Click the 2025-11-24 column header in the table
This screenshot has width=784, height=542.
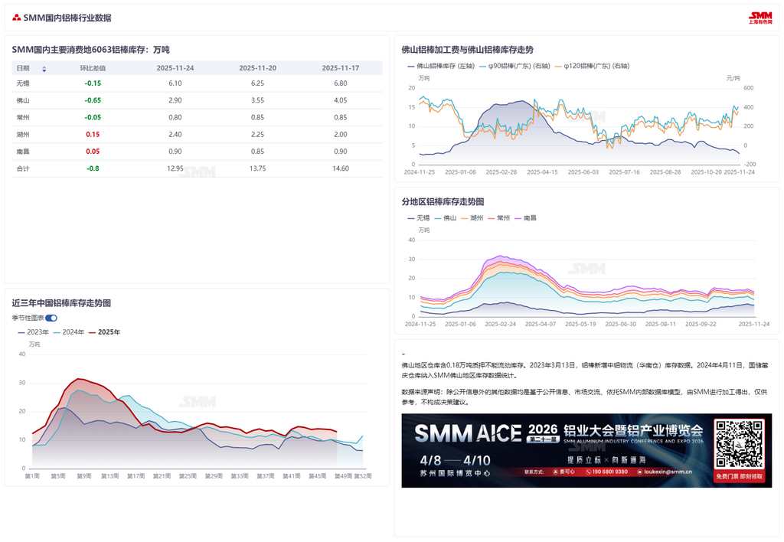click(175, 68)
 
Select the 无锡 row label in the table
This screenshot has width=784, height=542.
click(23, 83)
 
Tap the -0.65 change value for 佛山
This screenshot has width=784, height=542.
click(93, 100)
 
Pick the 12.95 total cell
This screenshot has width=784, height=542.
click(175, 168)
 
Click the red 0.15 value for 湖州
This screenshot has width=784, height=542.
click(93, 134)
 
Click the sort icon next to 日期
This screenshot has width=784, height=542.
click(44, 69)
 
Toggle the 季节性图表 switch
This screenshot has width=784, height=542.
click(51, 318)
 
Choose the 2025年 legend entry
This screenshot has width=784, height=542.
click(105, 332)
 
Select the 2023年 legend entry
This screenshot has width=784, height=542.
click(33, 332)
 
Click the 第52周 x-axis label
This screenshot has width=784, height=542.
click(363, 476)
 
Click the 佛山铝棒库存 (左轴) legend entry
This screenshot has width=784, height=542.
click(441, 66)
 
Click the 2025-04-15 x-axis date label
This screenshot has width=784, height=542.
click(543, 172)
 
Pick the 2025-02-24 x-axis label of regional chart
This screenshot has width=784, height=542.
click(501, 325)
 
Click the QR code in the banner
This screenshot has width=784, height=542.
click(739, 445)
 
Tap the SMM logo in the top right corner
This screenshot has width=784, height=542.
click(760, 17)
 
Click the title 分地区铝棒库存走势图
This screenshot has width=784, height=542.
click(443, 201)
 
